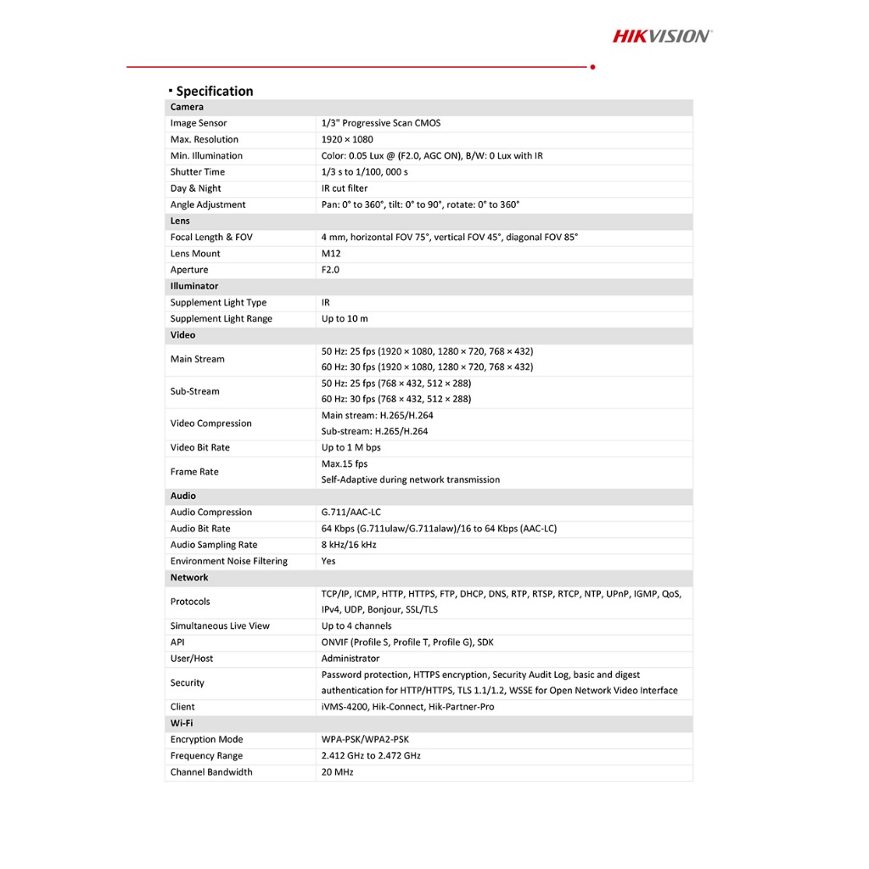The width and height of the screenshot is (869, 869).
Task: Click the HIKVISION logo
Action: [x=662, y=36]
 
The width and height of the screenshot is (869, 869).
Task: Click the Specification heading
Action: [x=214, y=91]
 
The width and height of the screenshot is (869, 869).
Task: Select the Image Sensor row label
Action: [x=199, y=123]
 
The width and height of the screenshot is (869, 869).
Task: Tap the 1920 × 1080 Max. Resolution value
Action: [x=347, y=139]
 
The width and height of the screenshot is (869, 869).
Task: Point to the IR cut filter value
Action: [x=345, y=188]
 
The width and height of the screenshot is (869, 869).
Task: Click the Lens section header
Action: [x=180, y=221]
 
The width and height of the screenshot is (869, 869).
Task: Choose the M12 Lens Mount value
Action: [x=330, y=254]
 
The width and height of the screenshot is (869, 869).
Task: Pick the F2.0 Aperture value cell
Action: [x=330, y=270]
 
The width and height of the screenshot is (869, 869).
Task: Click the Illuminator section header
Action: [x=194, y=286]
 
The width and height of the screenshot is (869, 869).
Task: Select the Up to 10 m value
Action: [x=345, y=319]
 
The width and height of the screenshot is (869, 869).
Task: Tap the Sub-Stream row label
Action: [x=194, y=391]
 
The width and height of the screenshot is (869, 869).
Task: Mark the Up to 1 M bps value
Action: [x=350, y=447]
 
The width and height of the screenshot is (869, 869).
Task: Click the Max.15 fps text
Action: [x=345, y=464]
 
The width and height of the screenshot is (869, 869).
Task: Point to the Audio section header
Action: [x=183, y=496]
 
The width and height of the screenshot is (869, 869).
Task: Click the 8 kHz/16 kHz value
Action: [x=349, y=545]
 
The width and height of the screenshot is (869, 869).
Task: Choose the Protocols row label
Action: [x=190, y=602]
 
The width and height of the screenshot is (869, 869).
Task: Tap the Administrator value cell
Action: [x=350, y=659]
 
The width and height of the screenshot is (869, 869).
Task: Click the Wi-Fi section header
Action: [x=182, y=723]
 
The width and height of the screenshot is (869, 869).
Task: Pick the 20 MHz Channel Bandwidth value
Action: [x=338, y=772]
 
